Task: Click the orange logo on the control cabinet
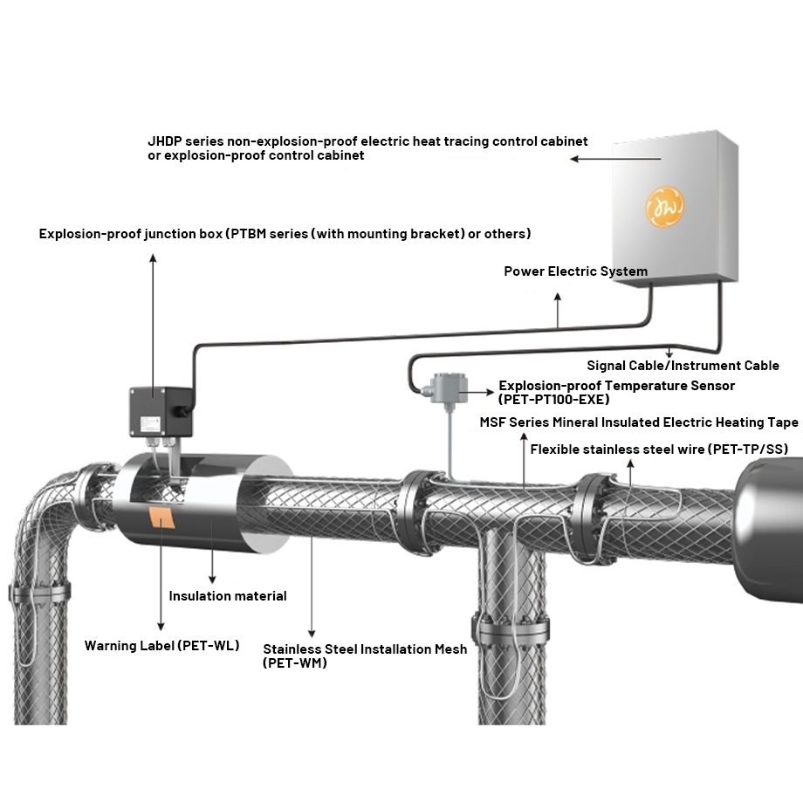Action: tap(665, 206)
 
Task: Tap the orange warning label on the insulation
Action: tap(161, 518)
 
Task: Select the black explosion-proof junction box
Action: tap(161, 411)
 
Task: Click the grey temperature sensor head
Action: tap(449, 388)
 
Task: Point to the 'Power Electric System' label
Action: tap(575, 271)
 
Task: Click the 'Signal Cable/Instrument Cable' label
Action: tap(683, 365)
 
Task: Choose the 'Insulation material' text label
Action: tap(228, 595)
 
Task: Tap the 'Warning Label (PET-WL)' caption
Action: tap(161, 645)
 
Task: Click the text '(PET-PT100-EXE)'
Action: tap(553, 399)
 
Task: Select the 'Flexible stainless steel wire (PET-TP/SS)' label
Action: tap(659, 450)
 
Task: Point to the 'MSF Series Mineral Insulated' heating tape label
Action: tap(639, 422)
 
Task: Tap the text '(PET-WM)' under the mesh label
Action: tap(294, 662)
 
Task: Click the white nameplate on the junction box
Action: tap(150, 423)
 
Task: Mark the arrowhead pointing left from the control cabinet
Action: tap(574, 159)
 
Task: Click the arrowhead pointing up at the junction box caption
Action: tap(153, 258)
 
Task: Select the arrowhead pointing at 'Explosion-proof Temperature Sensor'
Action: tap(490, 392)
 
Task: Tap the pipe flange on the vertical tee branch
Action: tap(511, 629)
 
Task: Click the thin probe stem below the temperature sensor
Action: tap(450, 442)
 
